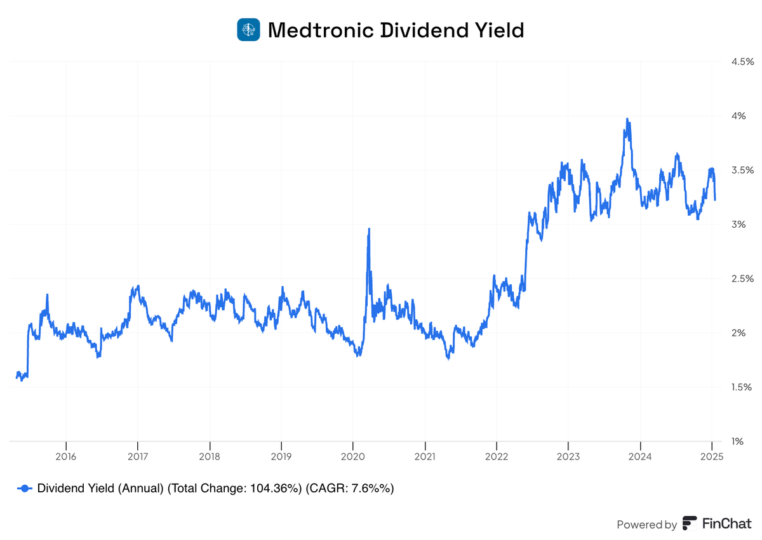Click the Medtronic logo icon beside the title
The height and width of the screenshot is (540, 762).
tap(248, 30)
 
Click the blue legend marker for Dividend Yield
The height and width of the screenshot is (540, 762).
tap(25, 488)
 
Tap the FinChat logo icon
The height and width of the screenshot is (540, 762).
tap(690, 524)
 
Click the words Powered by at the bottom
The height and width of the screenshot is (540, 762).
tap(646, 525)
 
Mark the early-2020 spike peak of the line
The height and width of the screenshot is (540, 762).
tap(369, 229)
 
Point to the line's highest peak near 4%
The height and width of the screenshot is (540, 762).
tap(627, 119)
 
